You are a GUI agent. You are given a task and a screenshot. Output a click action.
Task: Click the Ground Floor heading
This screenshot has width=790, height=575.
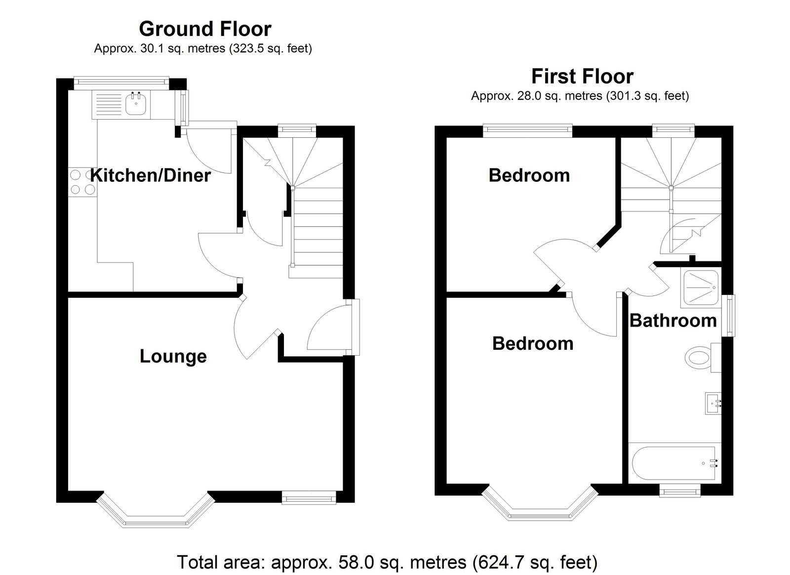point(205,29)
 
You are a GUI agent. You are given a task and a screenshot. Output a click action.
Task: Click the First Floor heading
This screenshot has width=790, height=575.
point(582,77)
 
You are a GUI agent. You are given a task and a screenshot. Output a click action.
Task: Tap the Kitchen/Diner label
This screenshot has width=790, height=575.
point(151,175)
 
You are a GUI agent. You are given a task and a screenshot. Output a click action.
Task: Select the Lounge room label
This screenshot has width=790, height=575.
point(173,356)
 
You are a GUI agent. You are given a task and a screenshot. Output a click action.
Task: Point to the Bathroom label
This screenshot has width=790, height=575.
point(673,321)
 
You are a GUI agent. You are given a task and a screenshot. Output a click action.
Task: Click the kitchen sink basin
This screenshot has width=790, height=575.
point(136,103)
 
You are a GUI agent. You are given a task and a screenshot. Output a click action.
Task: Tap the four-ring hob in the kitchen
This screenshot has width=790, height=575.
point(82,182)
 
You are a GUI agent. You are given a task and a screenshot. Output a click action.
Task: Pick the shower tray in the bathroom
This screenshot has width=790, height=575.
point(701,287)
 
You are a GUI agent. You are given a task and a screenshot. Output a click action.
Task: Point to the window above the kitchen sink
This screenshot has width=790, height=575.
point(121,82)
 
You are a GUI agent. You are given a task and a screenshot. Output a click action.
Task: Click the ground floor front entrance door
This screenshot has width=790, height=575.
point(330,327)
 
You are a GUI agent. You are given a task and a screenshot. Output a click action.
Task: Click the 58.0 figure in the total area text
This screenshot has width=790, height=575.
point(356,562)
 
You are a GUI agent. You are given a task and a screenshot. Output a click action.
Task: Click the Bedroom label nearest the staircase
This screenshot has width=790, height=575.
point(529,175)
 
